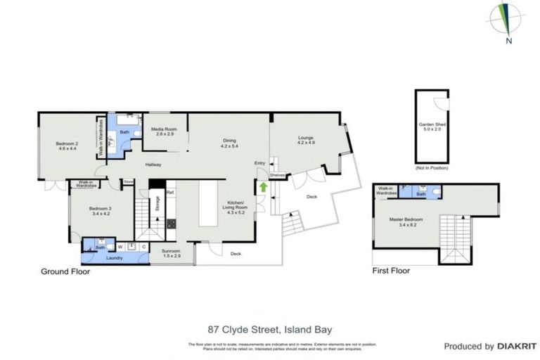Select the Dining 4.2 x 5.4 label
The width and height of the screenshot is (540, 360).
coord(230,143)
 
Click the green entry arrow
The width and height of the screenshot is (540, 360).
coord(263,187)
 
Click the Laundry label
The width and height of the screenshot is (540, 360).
coord(114,258)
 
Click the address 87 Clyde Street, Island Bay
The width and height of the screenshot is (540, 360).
coord(269,328)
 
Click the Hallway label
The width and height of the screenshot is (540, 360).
coord(153,165)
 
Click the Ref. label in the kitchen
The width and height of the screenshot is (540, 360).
coord(169,192)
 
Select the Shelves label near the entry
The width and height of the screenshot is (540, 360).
coord(276,176)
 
